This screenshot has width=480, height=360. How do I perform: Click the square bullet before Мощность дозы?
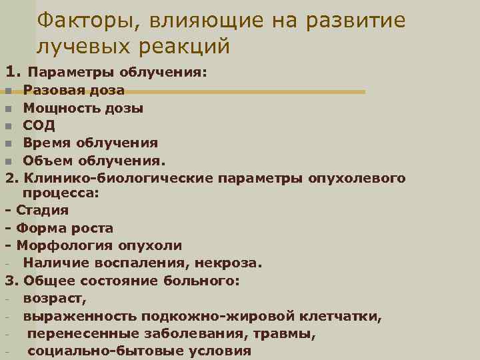click(x=8, y=108)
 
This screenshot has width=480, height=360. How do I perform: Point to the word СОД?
click(x=39, y=125)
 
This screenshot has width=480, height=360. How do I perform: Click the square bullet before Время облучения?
click(x=8, y=143)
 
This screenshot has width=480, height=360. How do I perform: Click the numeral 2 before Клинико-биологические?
click(x=9, y=178)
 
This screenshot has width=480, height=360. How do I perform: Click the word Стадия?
click(x=43, y=210)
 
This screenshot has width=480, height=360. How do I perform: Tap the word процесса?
click(x=60, y=193)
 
